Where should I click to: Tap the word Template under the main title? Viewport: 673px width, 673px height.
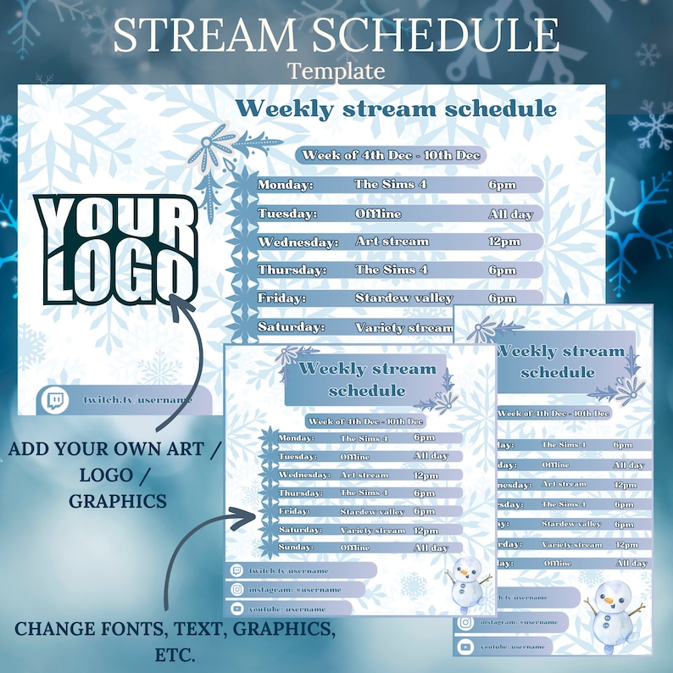pos(336,70)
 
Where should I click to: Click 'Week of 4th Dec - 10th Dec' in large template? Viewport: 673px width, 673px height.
pos(392,155)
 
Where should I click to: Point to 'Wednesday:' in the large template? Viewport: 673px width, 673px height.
pos(298,242)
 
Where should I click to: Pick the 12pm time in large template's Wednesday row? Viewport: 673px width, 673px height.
pos(504,242)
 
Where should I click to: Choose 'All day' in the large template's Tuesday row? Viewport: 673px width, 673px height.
pos(510,214)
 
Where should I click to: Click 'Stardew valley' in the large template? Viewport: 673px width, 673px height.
pos(403,298)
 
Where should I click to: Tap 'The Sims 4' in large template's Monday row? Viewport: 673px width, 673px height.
pos(385,185)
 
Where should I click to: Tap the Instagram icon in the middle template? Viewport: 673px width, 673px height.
pos(236,589)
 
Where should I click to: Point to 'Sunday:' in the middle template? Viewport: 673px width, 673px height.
pos(296,548)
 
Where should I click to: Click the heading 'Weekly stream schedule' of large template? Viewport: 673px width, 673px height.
pos(396,108)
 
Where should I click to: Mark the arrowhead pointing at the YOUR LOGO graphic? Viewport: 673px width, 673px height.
pos(177,298)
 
